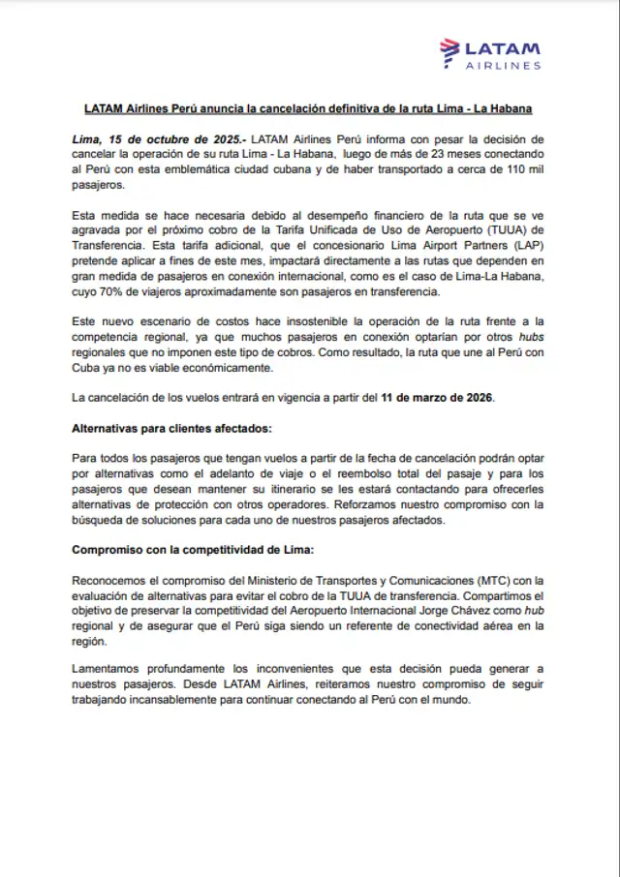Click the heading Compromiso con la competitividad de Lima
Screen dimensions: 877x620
click(x=193, y=549)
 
